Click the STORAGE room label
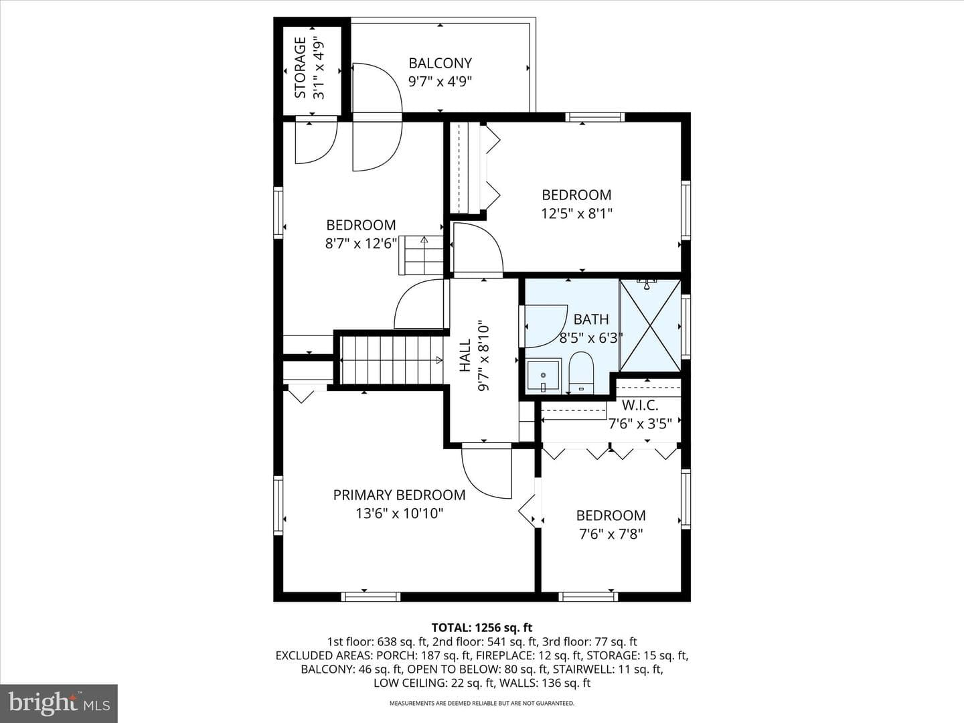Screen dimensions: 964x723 point(300,68)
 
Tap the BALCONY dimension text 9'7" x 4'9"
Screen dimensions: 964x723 point(440,82)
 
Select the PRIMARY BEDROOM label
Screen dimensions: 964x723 point(399,495)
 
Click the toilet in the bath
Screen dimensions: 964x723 point(581,373)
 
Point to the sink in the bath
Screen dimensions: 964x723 point(544,376)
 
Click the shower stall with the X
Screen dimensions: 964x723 point(650,325)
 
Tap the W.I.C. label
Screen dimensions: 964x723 point(640,405)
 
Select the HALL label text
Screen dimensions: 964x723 point(465,355)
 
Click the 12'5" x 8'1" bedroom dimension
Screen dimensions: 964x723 point(576,214)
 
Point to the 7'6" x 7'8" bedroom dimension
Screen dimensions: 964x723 point(611,534)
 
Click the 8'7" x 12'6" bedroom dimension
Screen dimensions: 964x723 point(361,244)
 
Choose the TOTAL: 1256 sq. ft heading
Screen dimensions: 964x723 point(482,627)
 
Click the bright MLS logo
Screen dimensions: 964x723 point(59,703)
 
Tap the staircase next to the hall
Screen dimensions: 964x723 point(392,360)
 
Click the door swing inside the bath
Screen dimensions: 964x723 point(546,326)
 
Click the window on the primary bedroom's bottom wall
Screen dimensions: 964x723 point(371,596)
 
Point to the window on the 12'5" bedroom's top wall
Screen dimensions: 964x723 point(594,117)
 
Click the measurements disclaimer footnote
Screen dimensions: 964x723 point(482,703)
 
